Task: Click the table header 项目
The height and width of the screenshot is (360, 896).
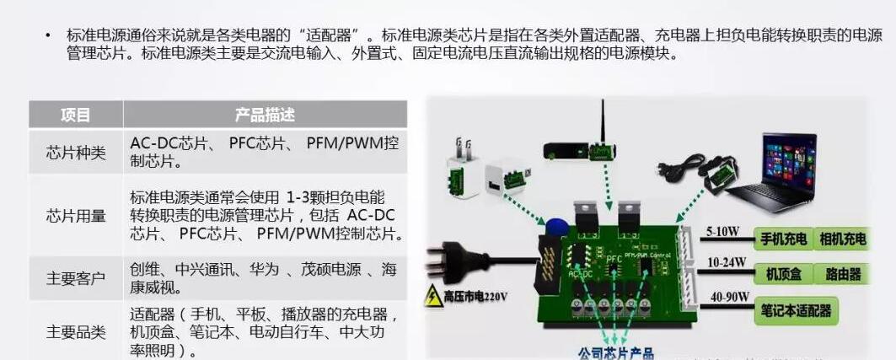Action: tap(75, 115)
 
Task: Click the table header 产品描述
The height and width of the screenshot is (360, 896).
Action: tap(265, 115)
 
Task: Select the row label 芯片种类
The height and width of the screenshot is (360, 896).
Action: tap(75, 153)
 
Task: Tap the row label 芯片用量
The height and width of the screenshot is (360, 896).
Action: tap(75, 216)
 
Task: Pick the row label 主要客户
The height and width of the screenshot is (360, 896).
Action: tap(75, 278)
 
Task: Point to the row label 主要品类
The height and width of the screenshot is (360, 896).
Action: tap(75, 331)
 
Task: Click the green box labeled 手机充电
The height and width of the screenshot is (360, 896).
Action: tap(784, 239)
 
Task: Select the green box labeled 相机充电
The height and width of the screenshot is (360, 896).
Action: tap(842, 239)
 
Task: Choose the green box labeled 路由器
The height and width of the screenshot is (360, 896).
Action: tap(843, 275)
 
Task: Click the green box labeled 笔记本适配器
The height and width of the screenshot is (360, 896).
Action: tap(796, 310)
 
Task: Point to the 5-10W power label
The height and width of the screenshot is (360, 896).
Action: tap(722, 230)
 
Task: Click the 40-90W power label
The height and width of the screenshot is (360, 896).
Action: tap(726, 297)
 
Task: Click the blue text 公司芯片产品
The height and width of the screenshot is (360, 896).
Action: tap(615, 352)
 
